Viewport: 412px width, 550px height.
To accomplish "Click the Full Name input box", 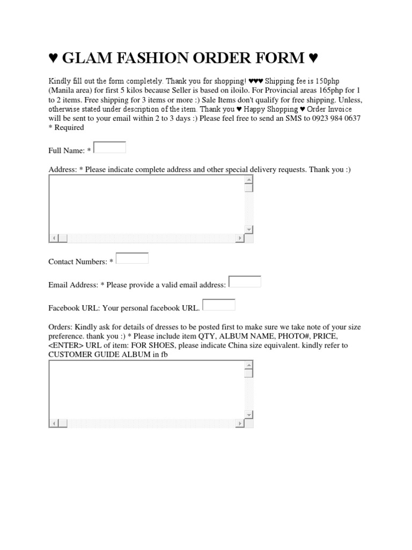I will [x=110, y=147].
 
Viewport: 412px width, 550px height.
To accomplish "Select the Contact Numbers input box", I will [x=132, y=258].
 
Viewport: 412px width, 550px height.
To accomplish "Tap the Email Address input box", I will [x=245, y=281].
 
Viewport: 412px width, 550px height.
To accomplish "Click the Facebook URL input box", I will [x=219, y=305].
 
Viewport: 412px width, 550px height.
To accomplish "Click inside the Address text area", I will [x=146, y=205].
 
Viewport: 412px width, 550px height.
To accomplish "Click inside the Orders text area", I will [x=146, y=389].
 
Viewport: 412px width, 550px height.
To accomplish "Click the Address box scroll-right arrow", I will [x=239, y=238].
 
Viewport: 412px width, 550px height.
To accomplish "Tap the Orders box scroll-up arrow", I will [x=248, y=365].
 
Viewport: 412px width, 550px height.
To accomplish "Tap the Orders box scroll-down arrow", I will [x=248, y=415].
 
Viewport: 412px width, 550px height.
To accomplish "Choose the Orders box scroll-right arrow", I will [x=239, y=424].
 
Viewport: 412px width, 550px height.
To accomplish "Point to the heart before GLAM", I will [x=53, y=57].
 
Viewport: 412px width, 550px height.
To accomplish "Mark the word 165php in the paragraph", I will [x=334, y=90].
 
